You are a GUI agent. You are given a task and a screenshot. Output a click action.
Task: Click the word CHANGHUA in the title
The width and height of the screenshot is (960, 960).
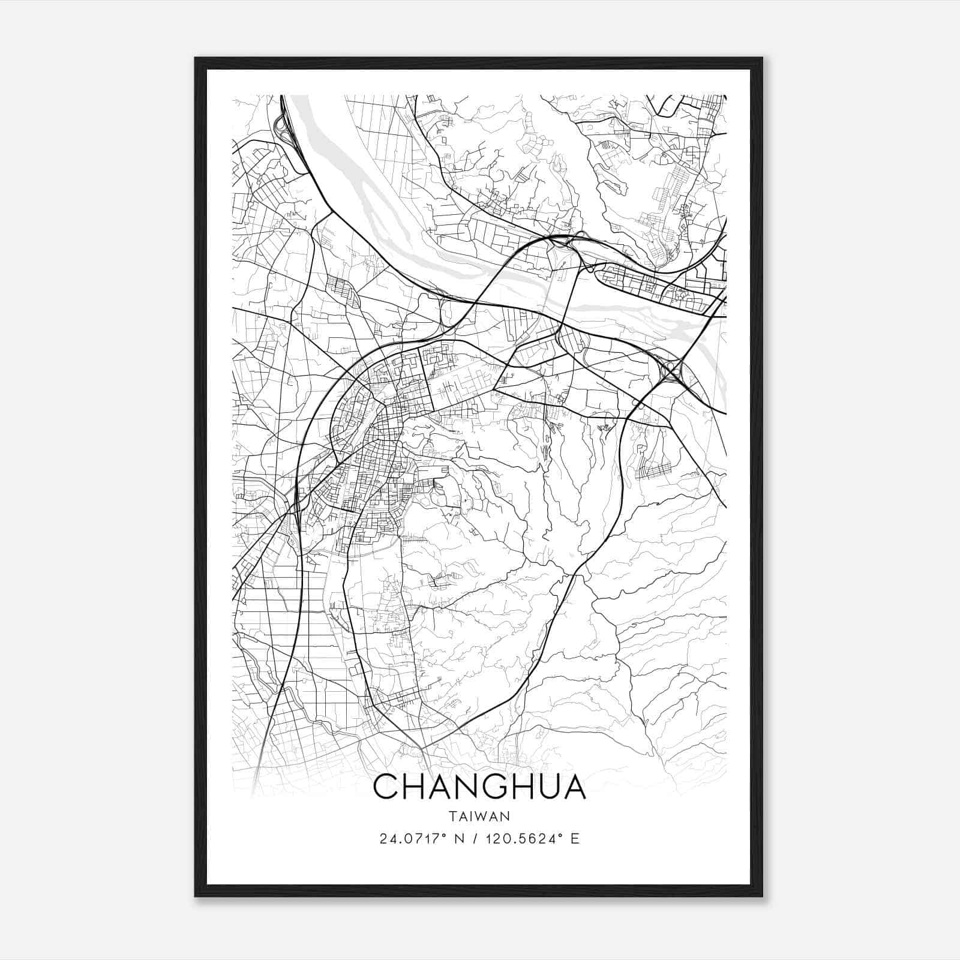[x=479, y=787]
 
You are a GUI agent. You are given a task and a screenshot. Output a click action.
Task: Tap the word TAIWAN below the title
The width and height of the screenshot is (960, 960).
[x=479, y=817]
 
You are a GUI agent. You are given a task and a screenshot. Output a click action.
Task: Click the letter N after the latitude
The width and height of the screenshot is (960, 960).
[x=460, y=839]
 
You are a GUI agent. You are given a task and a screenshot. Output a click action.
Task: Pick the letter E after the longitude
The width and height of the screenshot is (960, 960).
[x=575, y=839]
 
